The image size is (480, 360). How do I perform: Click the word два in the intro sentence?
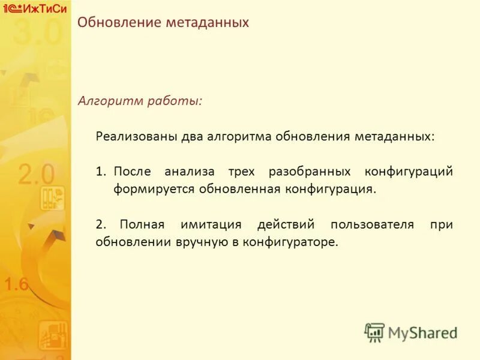tap(187, 136)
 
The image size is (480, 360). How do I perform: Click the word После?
tap(132, 172)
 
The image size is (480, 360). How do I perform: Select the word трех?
tap(241, 172)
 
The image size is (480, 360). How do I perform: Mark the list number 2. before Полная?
tap(101, 224)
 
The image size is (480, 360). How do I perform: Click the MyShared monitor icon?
tap(374, 332)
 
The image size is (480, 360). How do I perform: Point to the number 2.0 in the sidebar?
tap(36, 175)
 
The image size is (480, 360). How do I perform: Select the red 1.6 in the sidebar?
tap(16, 284)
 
